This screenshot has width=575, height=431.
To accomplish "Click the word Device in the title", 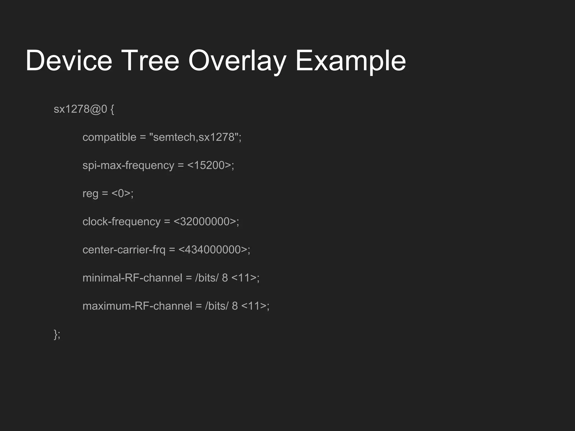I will pyautogui.click(x=69, y=61).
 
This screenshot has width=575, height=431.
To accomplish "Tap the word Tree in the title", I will pyautogui.click(x=150, y=61).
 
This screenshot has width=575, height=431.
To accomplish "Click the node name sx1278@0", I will pyautogui.click(x=80, y=109).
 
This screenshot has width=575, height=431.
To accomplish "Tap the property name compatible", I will pyautogui.click(x=109, y=137).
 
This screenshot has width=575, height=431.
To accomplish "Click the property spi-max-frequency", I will pyautogui.click(x=128, y=166).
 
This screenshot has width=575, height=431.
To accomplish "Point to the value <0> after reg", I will pyautogui.click(x=121, y=194).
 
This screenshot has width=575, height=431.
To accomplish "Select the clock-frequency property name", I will pyautogui.click(x=121, y=222).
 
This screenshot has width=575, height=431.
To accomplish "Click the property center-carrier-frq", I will pyautogui.click(x=124, y=250).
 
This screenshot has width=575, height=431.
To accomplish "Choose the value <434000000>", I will pyautogui.click(x=213, y=250).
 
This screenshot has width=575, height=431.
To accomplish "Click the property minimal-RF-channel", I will pyautogui.click(x=132, y=278).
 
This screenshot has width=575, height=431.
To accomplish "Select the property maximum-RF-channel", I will pyautogui.click(x=137, y=306).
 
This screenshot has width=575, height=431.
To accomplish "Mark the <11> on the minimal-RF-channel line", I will pyautogui.click(x=244, y=278).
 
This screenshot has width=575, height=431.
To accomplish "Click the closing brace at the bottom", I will pyautogui.click(x=56, y=334).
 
